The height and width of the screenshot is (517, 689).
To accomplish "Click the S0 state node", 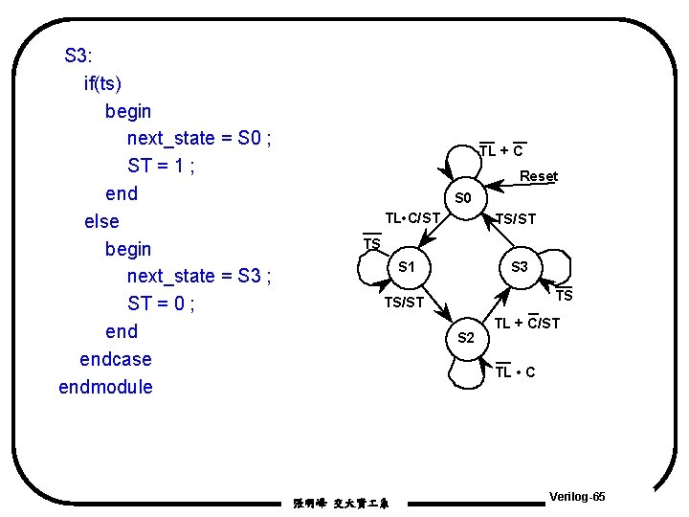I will (x=463, y=198).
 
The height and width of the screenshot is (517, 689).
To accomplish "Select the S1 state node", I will (x=407, y=266).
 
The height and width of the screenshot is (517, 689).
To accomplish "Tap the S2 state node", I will (x=466, y=337).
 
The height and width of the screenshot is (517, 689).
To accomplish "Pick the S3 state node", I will (x=520, y=266).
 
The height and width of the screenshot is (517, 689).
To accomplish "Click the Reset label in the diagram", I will (x=538, y=176).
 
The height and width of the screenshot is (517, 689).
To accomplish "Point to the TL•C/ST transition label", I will (x=411, y=218).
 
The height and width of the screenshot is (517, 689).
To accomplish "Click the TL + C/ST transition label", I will (x=526, y=324).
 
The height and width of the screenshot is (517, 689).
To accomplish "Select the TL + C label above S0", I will (x=500, y=150).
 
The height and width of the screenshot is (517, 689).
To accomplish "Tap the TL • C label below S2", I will (x=515, y=371).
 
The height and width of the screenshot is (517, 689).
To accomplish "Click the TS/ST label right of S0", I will (x=516, y=219).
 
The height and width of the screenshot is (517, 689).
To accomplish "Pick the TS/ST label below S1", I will (x=403, y=303).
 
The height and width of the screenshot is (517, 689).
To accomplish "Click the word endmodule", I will (x=105, y=387).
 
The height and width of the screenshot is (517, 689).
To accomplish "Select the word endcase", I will (x=115, y=359).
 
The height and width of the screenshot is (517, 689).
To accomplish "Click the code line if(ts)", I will (x=103, y=83).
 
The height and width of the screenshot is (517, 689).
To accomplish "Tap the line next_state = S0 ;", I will (x=199, y=138).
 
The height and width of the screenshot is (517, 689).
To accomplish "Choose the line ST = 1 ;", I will (x=161, y=166).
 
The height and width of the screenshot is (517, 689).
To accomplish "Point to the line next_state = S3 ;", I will (x=199, y=276).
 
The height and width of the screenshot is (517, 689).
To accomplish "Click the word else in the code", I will (x=101, y=221).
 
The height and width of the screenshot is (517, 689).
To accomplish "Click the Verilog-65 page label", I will (x=577, y=497).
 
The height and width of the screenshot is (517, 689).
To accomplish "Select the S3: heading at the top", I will (x=78, y=55).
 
